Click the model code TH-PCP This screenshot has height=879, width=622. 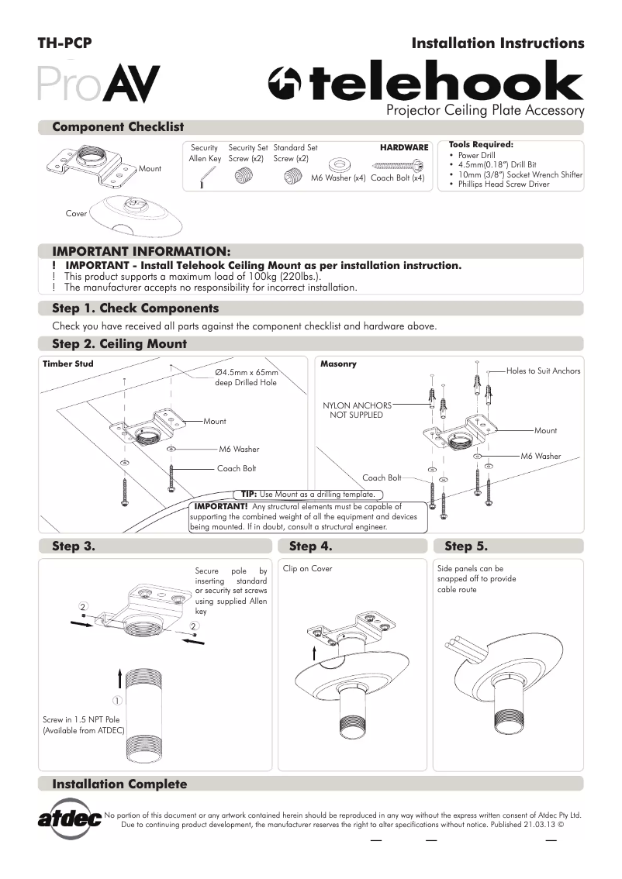(65, 43)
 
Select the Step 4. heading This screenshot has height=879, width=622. (310, 546)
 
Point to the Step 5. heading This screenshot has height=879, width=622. (466, 546)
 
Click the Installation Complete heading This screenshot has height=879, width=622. (119, 784)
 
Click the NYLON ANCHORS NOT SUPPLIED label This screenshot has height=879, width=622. (356, 409)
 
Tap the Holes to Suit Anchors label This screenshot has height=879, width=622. (543, 371)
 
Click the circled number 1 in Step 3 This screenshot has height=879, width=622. (137, 701)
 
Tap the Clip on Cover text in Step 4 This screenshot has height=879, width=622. (307, 568)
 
